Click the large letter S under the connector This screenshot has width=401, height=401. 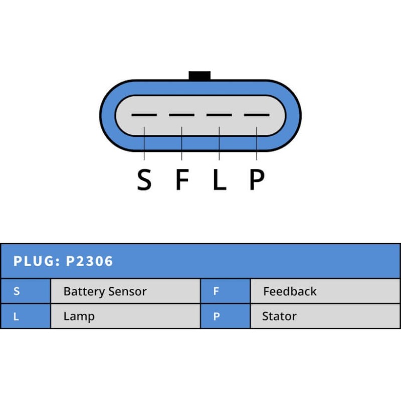[144, 180]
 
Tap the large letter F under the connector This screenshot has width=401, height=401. [181, 180]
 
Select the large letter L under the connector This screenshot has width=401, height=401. [219, 180]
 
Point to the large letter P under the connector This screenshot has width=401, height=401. [257, 180]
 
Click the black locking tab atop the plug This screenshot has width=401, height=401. [199, 76]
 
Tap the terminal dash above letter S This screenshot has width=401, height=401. [144, 115]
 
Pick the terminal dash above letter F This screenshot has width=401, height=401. [181, 115]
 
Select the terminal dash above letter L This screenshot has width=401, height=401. [219, 115]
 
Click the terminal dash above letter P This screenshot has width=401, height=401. [257, 115]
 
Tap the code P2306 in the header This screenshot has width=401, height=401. [90, 261]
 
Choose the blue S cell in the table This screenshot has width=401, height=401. [25, 291]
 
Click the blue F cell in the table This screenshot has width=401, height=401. [225, 291]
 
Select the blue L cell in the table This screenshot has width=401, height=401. [25, 316]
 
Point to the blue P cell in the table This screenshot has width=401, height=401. [225, 316]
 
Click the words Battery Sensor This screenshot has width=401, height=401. [105, 292]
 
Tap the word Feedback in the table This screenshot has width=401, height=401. [290, 291]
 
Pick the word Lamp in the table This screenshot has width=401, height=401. [79, 317]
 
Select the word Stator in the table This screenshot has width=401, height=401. [279, 316]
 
